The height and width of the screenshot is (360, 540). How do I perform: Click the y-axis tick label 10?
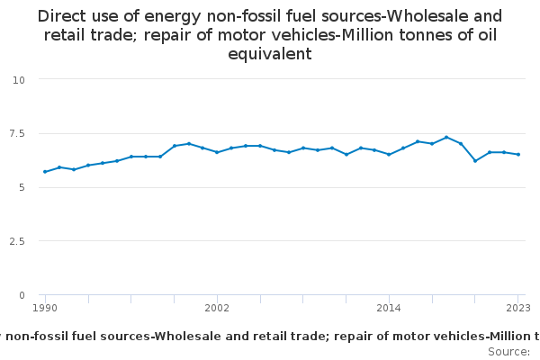pyautogui.click(x=19, y=80)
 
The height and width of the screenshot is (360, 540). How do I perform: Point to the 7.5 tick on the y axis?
pyautogui.click(x=17, y=133)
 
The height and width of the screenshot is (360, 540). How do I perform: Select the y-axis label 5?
pyautogui.click(x=22, y=187)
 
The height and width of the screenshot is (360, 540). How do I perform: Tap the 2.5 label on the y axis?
pyautogui.click(x=17, y=241)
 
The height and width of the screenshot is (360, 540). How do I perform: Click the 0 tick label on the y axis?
pyautogui.click(x=22, y=295)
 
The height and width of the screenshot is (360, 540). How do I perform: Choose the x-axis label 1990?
pyautogui.click(x=45, y=308)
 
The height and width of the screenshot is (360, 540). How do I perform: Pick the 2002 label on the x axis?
pyautogui.click(x=217, y=308)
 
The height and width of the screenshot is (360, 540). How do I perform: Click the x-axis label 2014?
pyautogui.click(x=389, y=308)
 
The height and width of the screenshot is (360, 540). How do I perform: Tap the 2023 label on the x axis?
pyautogui.click(x=518, y=308)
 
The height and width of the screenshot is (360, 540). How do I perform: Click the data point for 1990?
pyautogui.click(x=45, y=172)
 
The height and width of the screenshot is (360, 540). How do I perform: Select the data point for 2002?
pyautogui.click(x=217, y=152)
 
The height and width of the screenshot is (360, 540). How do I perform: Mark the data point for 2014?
pyautogui.click(x=389, y=154)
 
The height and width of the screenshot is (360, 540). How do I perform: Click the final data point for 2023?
pyautogui.click(x=518, y=154)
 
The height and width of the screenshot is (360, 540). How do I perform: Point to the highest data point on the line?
pyautogui.click(x=446, y=137)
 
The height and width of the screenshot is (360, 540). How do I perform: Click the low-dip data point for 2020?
pyautogui.click(x=475, y=161)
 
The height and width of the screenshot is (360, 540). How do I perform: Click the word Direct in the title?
pyautogui.click(x=61, y=16)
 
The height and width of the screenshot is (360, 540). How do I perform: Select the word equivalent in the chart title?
pyautogui.click(x=270, y=54)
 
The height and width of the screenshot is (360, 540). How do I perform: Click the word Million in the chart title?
pyautogui.click(x=367, y=35)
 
